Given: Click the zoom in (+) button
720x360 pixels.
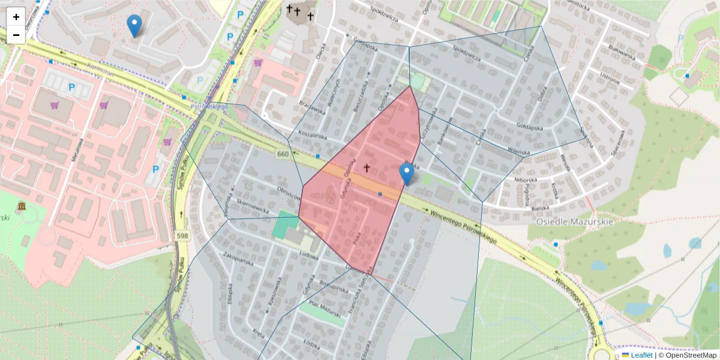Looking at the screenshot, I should point(16,17).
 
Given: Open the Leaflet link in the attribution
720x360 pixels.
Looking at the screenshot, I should point(641,355).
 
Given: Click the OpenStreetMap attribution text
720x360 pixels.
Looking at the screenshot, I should point(692,355).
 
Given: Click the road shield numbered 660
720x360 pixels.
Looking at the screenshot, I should point(284,155).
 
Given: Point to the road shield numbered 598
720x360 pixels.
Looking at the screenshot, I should point(183,236).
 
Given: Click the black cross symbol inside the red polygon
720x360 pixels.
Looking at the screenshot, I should point(367,169).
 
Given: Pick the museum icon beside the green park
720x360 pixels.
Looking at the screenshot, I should point(22,207).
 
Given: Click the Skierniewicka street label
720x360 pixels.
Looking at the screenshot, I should point(252,208).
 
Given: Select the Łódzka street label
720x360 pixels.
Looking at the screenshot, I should point(311,344).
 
